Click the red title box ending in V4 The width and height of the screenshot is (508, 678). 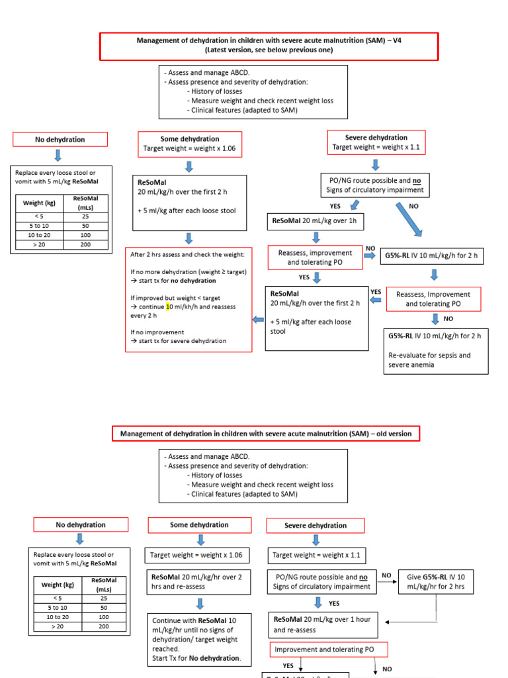click(x=269, y=46)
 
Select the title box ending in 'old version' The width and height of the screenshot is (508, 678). click(x=265, y=434)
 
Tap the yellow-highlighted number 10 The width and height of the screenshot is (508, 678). click(x=169, y=307)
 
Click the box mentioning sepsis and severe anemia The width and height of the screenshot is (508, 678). click(x=436, y=350)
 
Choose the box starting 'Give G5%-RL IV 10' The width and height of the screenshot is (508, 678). click(x=436, y=581)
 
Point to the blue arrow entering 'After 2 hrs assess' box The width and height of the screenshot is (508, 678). click(x=258, y=320)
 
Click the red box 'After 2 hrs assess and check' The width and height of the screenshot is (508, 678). click(x=189, y=299)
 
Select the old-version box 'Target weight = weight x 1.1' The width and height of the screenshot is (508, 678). click(x=316, y=555)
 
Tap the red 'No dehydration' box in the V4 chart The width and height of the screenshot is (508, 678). click(x=60, y=139)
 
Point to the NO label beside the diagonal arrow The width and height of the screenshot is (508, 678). click(x=414, y=207)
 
